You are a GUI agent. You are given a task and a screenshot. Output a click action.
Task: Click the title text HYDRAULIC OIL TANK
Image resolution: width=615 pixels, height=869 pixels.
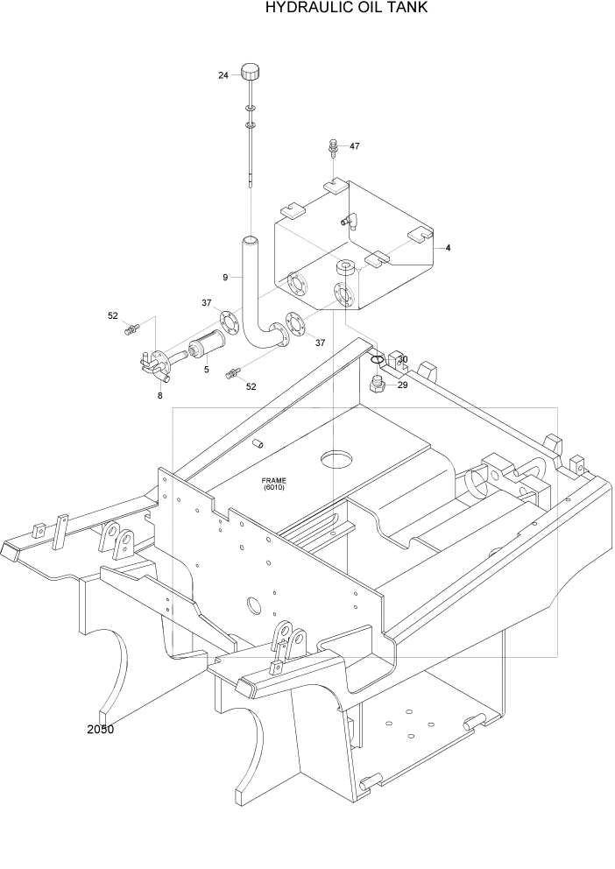(x=348, y=9)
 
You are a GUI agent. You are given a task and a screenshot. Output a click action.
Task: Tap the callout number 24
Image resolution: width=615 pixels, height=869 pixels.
(x=223, y=75)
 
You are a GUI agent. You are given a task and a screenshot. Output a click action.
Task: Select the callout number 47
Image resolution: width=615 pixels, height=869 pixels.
(x=355, y=146)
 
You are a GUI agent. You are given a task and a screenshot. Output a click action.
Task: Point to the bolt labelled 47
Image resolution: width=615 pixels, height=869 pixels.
(x=334, y=146)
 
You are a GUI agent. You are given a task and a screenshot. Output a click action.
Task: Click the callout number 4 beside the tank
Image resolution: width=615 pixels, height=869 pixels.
(x=448, y=249)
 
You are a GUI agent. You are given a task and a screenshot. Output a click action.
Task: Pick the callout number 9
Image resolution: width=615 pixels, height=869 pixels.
(x=225, y=277)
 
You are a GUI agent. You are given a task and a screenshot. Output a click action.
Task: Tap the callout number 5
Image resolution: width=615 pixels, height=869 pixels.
(x=206, y=370)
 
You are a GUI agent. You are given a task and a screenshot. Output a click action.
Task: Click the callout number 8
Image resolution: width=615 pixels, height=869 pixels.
(x=159, y=396)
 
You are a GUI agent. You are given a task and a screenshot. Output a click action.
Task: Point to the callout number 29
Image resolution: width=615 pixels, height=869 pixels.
(x=403, y=385)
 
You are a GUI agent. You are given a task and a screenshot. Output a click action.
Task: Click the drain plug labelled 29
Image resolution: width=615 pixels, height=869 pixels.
(x=379, y=385)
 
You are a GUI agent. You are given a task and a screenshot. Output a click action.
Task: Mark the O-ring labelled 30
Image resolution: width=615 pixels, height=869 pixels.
(x=376, y=359)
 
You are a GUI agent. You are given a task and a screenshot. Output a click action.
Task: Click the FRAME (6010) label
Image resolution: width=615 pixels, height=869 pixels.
(x=274, y=484)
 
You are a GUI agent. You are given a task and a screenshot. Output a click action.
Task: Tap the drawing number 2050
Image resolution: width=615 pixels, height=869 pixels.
(x=101, y=729)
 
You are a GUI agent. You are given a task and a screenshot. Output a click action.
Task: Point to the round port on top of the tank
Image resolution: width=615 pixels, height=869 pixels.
(x=347, y=266)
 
